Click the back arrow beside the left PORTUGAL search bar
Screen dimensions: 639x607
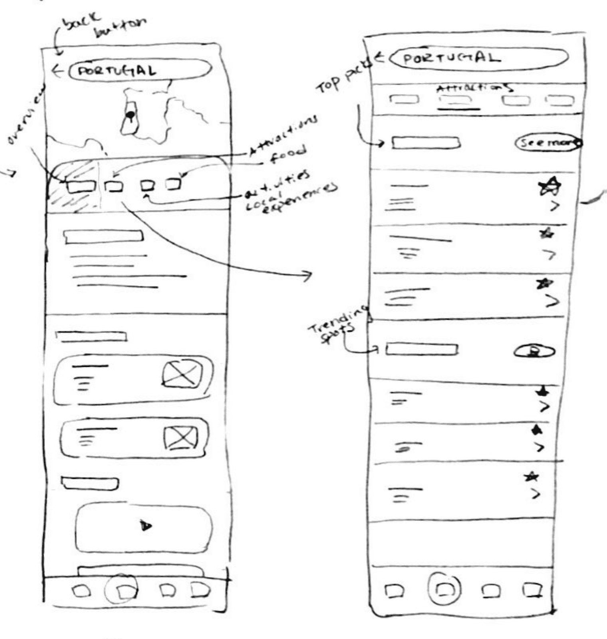click(57, 71)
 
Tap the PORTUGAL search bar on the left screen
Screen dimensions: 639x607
click(140, 71)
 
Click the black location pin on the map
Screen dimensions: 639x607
click(130, 116)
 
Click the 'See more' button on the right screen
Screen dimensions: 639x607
click(548, 143)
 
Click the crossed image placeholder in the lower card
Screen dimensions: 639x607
click(181, 437)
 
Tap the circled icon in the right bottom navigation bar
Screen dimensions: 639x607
click(444, 589)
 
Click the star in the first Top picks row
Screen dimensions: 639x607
click(549, 186)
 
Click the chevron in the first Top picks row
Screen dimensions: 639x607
click(554, 206)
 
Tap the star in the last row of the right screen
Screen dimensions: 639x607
click(531, 476)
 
